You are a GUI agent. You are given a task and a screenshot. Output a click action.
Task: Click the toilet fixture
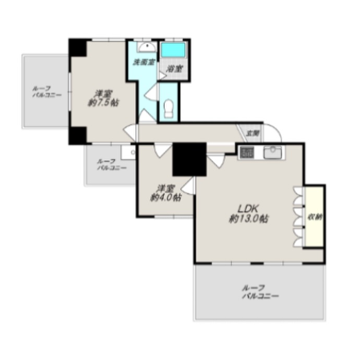click(169, 109)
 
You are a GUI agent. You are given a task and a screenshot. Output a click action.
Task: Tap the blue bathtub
click(173, 50)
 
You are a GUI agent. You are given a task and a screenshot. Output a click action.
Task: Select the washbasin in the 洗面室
click(147, 47)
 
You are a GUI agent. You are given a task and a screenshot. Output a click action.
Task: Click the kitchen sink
click(272, 152)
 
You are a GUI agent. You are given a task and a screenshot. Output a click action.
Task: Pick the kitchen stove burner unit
click(247, 152)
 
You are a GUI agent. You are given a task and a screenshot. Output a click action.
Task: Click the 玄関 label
click(253, 134)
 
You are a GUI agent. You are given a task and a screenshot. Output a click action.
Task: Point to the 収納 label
click(315, 217)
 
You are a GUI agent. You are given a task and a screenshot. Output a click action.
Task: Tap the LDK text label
click(248, 209)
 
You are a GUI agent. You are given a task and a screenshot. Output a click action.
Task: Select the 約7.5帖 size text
click(103, 103)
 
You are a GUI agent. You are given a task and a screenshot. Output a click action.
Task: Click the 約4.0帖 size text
click(165, 197)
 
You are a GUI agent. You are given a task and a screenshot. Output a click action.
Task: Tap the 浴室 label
click(174, 69)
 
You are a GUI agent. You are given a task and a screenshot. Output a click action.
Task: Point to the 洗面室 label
click(145, 62)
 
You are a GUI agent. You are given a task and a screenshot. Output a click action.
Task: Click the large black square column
click(189, 159)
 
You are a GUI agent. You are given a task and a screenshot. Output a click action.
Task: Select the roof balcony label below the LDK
click(260, 292)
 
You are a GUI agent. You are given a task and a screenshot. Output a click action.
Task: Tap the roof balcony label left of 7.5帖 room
click(47, 92)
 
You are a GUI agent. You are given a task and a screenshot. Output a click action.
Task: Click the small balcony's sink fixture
click(128, 152)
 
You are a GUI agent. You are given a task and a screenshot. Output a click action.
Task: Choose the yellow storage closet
click(314, 217)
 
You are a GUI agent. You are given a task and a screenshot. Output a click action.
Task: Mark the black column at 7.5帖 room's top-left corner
click(78, 47)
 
